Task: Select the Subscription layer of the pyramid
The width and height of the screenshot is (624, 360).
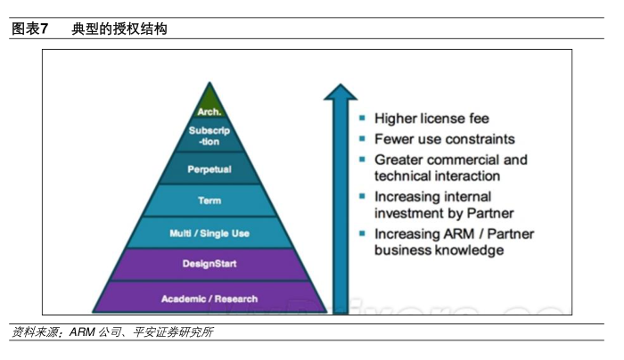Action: coord(209,136)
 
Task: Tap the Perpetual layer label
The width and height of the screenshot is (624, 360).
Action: coord(209,168)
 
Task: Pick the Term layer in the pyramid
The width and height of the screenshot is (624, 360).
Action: coord(209,200)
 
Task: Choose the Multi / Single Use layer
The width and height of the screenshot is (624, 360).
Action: coord(209,233)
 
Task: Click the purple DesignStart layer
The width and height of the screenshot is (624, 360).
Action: coord(209,264)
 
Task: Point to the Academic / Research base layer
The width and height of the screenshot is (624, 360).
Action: coord(209,298)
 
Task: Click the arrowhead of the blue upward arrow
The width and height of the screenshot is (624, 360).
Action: coord(340,92)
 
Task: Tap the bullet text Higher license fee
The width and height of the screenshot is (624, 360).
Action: coord(431,119)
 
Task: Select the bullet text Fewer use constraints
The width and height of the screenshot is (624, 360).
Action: coord(444,139)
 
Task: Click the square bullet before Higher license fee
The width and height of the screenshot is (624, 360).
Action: coord(362,119)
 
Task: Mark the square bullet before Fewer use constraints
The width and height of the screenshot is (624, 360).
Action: coord(362,139)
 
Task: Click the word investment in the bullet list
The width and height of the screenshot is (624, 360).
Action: coord(408,213)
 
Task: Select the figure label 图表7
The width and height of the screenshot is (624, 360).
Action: coord(30,29)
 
